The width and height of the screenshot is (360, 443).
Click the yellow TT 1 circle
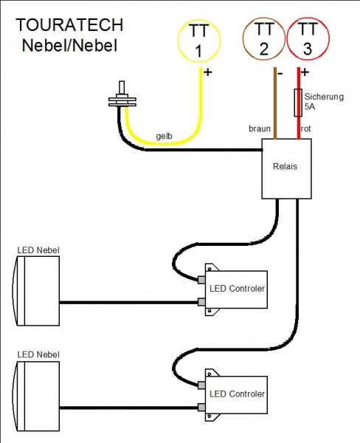coord(198,41)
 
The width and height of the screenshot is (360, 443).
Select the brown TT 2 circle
coord(263,41)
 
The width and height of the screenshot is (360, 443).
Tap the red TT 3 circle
coord(309,41)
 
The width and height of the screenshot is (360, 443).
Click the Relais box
coord(285,168)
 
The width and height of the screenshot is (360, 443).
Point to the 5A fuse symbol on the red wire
coord(299,103)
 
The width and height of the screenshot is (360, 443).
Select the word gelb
coord(165,137)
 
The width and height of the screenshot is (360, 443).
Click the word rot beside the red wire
coord(307,130)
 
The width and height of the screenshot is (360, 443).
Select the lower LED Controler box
coord(236,393)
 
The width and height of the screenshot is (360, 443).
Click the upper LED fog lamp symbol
coord(36,291)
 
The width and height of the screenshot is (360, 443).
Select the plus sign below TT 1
coord(207,72)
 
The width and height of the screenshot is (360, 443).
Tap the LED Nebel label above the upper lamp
coord(38,250)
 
